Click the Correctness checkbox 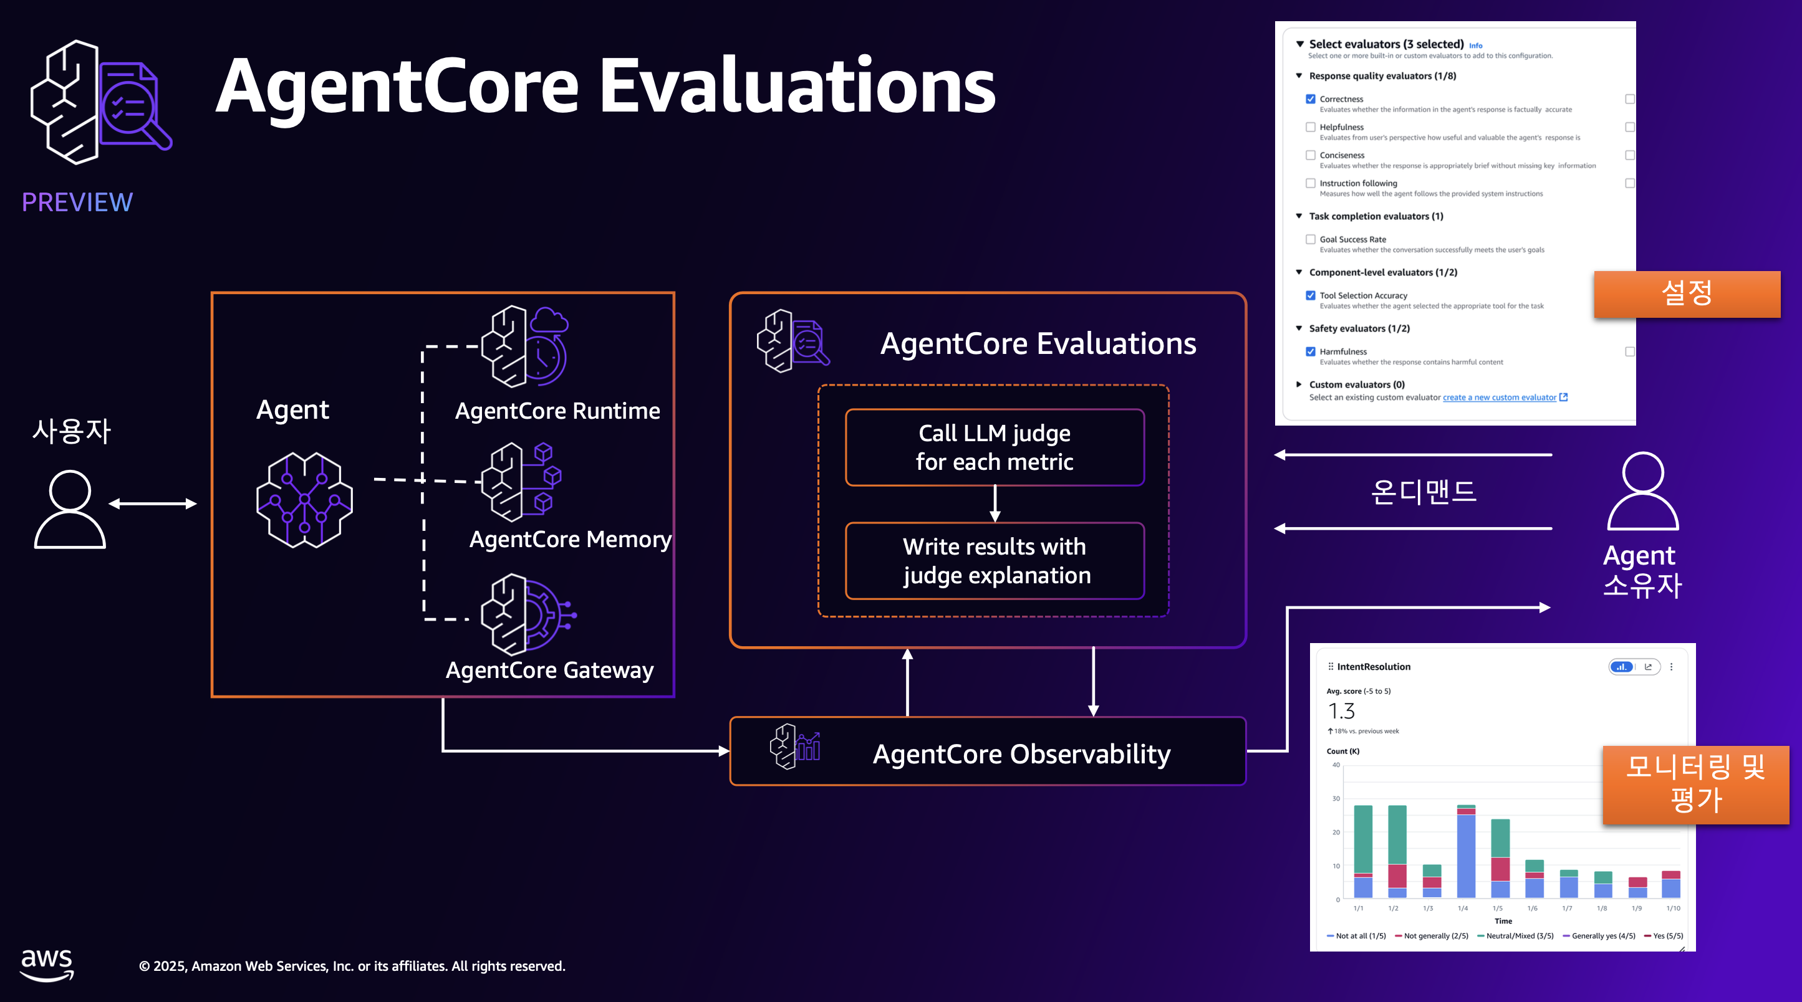[1310, 99]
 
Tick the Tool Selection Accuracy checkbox [1310, 296]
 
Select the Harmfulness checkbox [1310, 351]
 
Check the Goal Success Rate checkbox [1310, 239]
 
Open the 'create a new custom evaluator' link [1499, 397]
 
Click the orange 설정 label [1687, 293]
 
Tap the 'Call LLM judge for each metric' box [994, 447]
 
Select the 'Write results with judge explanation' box [994, 561]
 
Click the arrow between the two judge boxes [995, 503]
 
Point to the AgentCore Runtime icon [524, 346]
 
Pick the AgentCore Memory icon [521, 482]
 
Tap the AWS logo [47, 965]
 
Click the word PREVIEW [77, 202]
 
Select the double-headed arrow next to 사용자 [153, 503]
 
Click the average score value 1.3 [1341, 711]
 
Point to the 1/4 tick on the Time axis [1463, 909]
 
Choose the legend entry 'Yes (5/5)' [1667, 935]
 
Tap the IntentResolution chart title [1373, 666]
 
